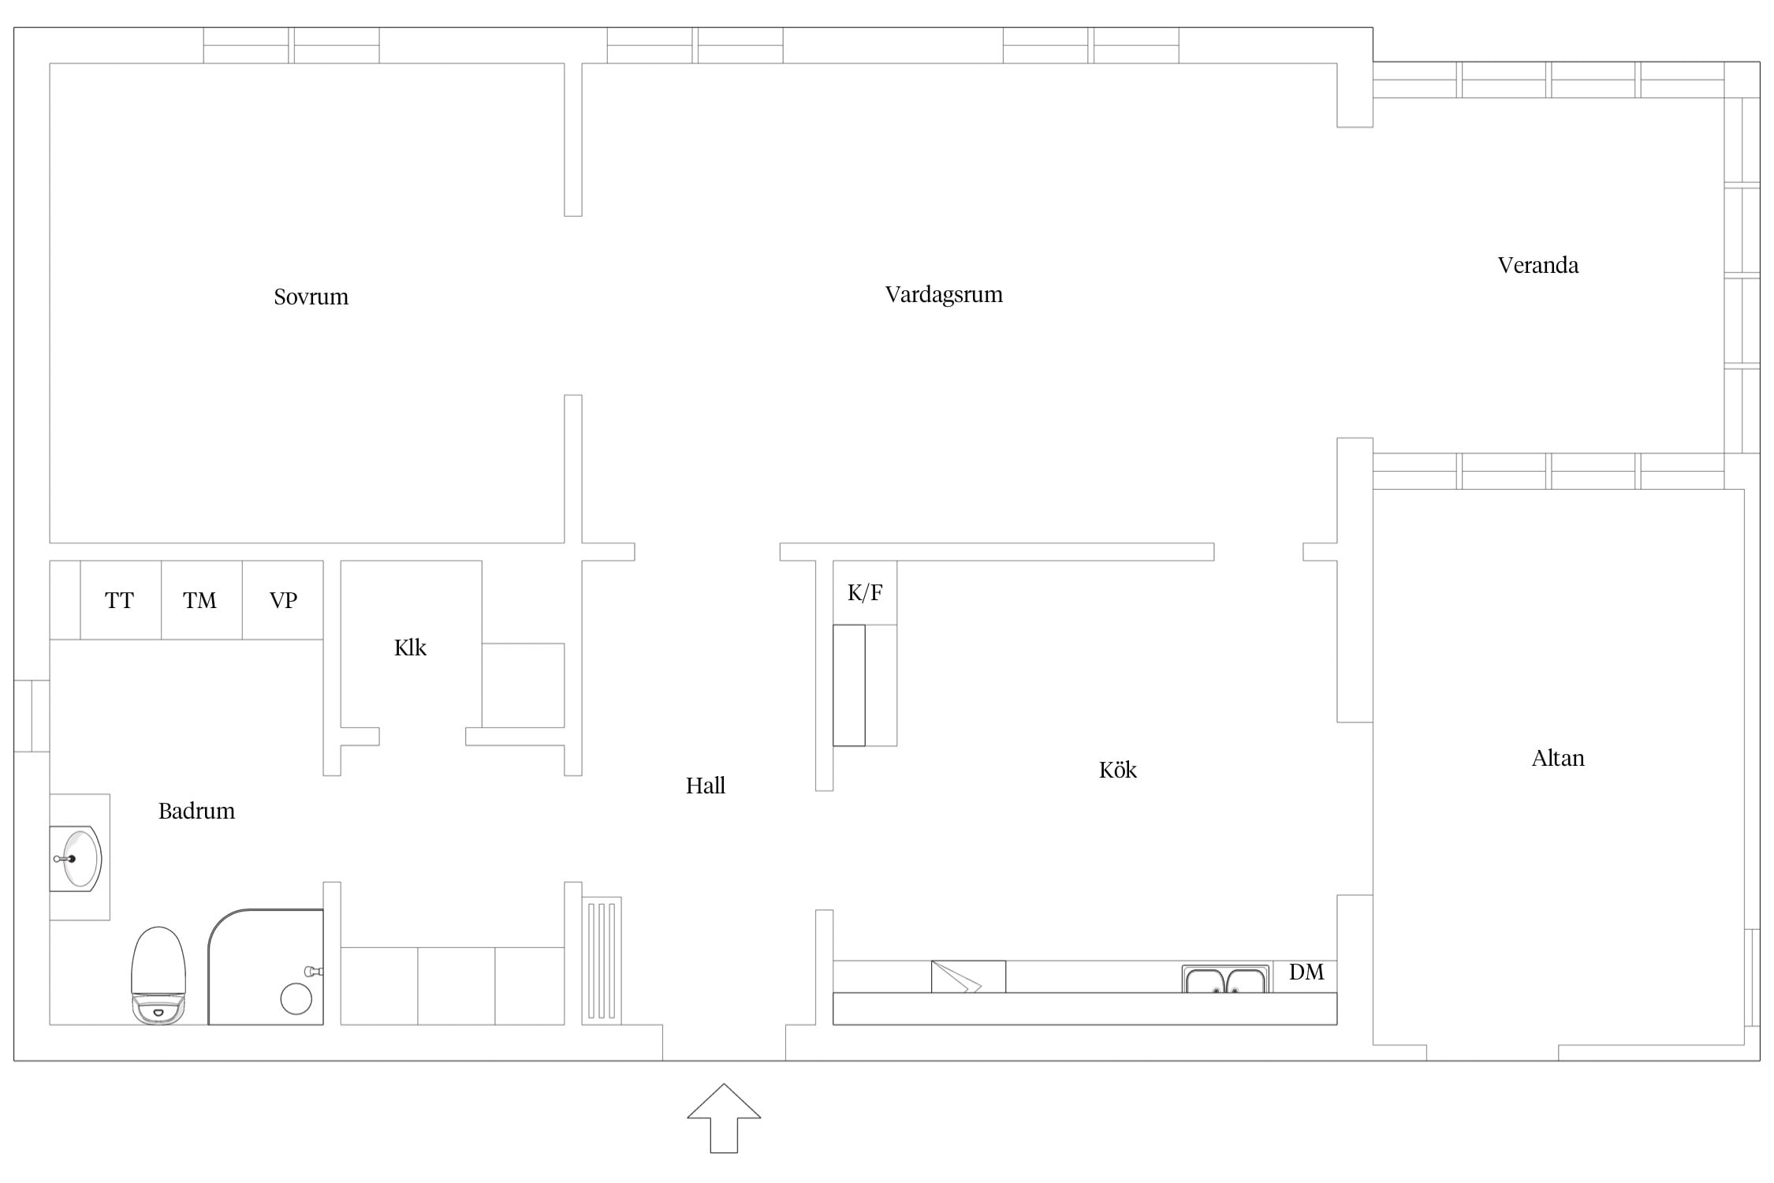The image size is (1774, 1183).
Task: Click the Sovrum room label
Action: [311, 297]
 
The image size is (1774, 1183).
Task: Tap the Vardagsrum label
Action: [944, 295]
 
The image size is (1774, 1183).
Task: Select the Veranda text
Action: [1538, 265]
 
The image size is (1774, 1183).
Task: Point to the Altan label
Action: [1558, 758]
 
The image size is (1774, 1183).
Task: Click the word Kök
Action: [1118, 770]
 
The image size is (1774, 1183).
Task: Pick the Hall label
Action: [706, 786]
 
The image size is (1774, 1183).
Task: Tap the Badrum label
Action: [196, 811]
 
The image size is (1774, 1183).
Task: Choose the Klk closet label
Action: [410, 647]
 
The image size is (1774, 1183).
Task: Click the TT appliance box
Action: [121, 600]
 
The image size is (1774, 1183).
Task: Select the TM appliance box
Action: [202, 600]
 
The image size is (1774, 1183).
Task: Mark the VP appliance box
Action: [283, 600]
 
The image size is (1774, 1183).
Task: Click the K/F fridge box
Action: [865, 593]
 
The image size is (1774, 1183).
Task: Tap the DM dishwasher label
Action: [1306, 972]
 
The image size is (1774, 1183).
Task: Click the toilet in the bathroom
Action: [158, 976]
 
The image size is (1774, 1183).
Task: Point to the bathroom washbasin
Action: [76, 859]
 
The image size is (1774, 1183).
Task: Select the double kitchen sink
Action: [1226, 979]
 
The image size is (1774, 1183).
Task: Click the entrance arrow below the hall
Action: [724, 1118]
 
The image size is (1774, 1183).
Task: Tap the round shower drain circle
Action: [296, 998]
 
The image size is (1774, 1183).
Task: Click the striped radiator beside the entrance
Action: [602, 961]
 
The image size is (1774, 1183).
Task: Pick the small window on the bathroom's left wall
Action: [32, 716]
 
